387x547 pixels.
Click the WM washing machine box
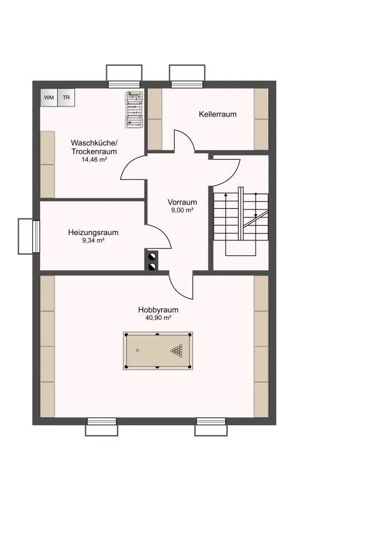[x=49, y=97]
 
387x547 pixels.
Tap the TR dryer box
[x=66, y=97]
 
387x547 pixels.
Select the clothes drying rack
[x=134, y=109]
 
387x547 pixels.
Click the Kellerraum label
[x=218, y=114]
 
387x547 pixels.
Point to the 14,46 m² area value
[x=94, y=160]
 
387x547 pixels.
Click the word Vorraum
[x=182, y=202]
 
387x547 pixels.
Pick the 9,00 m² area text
[x=182, y=210]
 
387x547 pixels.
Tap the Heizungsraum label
[x=93, y=232]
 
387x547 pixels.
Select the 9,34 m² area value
[x=93, y=240]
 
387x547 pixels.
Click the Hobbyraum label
[x=158, y=309]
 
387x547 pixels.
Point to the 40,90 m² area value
[x=158, y=318]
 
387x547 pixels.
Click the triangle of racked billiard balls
[x=177, y=350]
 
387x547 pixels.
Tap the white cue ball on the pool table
[x=137, y=350]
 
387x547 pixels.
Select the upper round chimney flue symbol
[x=152, y=257]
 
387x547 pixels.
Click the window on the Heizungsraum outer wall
[x=36, y=236]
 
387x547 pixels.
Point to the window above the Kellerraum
[x=187, y=84]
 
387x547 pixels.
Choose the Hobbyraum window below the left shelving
[x=102, y=421]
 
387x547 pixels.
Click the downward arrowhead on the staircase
[x=256, y=216]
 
